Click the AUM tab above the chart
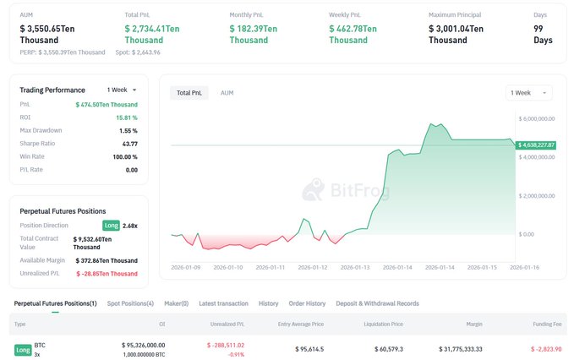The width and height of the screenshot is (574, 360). tap(227, 92)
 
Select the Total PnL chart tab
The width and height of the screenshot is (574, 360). tap(189, 92)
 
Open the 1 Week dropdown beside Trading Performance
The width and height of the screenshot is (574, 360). tap(122, 90)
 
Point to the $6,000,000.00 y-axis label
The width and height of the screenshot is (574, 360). tap(536, 118)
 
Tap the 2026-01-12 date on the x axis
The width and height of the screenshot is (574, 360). tap(314, 267)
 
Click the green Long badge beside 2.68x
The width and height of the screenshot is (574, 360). tap(111, 226)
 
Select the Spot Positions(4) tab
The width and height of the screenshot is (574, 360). tap(130, 303)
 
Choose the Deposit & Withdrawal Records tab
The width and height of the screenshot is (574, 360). tap(377, 303)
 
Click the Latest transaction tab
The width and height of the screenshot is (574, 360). tap(223, 303)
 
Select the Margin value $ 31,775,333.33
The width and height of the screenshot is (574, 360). tap(462, 348)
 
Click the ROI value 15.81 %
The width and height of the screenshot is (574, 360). tap(127, 117)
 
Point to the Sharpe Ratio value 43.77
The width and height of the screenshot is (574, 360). tap(129, 144)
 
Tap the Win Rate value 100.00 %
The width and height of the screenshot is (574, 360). tap(124, 156)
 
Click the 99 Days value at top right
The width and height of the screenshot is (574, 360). tap(543, 34)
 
